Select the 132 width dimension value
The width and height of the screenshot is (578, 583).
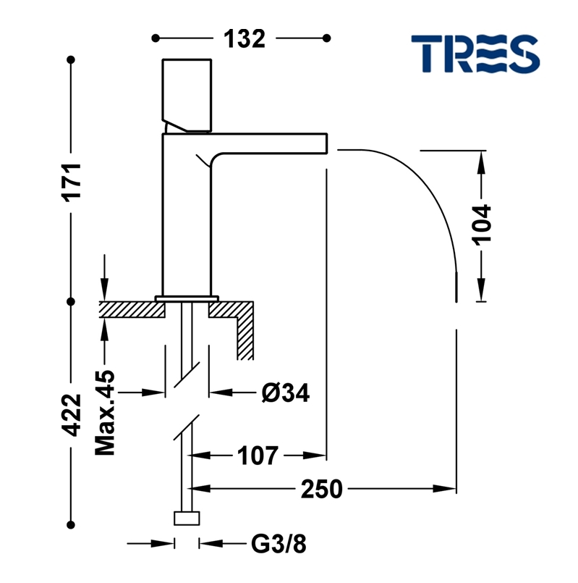(x=242, y=38)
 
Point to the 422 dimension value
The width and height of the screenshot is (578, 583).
(x=72, y=414)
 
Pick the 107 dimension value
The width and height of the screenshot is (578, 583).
(x=257, y=456)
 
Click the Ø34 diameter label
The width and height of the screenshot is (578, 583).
(x=285, y=393)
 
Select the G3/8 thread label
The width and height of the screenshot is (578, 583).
(x=279, y=543)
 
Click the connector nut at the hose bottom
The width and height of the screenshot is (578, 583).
(x=187, y=518)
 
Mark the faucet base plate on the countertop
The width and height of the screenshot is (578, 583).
(x=187, y=297)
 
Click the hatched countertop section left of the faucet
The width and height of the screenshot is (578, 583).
(x=131, y=309)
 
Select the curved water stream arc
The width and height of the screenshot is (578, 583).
(x=420, y=188)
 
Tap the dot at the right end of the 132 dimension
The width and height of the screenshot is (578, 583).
(x=327, y=38)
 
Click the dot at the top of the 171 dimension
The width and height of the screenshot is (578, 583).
(x=72, y=59)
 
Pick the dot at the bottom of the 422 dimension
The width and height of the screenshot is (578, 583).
(x=72, y=522)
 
